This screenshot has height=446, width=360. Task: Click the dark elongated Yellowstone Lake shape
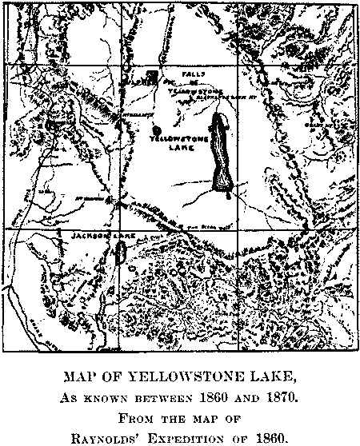click(222, 152)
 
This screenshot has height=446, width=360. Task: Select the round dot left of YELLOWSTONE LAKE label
click(158, 129)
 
